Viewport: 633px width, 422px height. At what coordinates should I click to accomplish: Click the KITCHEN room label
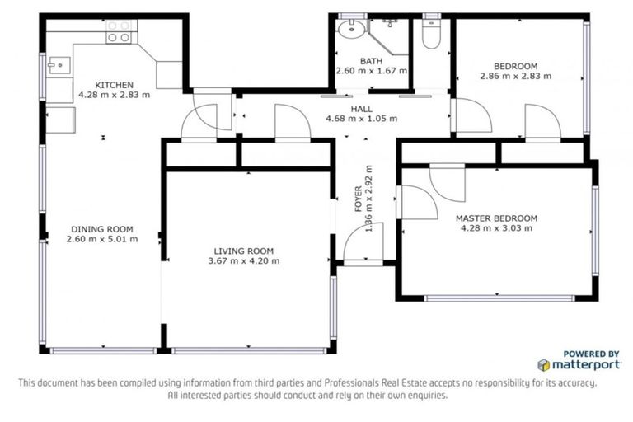tap(113, 85)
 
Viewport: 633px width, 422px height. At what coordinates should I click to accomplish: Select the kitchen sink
tap(57, 63)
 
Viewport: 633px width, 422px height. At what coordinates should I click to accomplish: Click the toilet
tap(431, 34)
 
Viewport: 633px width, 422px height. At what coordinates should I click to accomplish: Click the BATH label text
tap(371, 61)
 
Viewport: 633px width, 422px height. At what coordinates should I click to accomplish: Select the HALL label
tap(361, 109)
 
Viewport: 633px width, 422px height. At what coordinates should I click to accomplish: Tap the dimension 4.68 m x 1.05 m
tap(361, 119)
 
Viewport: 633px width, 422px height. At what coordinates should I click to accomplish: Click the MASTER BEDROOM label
tap(496, 218)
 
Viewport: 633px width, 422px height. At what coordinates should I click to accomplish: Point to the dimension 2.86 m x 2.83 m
tap(515, 76)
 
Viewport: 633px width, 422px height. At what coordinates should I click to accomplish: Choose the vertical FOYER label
tap(359, 199)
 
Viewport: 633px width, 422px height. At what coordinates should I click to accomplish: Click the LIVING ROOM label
tap(243, 251)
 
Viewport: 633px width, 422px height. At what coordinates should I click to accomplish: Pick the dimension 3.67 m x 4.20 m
tap(243, 261)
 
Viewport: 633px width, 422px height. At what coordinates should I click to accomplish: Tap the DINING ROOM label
tap(102, 229)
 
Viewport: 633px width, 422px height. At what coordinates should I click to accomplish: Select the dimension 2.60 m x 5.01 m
tap(102, 239)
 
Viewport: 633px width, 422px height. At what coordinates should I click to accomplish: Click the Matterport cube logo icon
tap(544, 364)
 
